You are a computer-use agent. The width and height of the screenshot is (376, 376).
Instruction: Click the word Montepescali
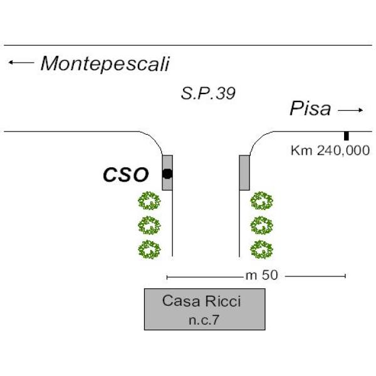pos(105,63)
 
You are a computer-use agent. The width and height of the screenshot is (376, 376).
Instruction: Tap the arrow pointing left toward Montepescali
pos(21,62)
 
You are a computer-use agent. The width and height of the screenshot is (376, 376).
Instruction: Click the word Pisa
pos(310,109)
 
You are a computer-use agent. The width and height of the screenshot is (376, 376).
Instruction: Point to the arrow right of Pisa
pos(350,110)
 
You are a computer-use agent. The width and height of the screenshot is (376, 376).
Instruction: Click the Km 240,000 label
pos(330,150)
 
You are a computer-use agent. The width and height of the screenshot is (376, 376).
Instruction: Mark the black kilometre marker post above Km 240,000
pos(346,135)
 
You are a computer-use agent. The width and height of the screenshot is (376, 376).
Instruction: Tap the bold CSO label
pos(125,175)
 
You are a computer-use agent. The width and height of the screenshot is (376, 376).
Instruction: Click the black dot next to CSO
pos(167,174)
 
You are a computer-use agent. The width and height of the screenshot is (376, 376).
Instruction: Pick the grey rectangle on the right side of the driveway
pos(244,172)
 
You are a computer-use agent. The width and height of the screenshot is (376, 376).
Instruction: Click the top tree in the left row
pos(149,201)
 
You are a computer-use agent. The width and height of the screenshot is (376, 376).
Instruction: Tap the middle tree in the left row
pos(149,224)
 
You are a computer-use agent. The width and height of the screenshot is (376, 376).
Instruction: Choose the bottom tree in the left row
pos(149,249)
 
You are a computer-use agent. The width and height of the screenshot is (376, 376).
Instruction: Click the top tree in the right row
pos(261,201)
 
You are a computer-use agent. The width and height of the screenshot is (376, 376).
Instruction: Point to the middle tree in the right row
pos(261,224)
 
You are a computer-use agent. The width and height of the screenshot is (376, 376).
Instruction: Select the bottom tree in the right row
pos(261,249)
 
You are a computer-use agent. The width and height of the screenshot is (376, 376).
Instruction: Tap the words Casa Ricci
pos(201,301)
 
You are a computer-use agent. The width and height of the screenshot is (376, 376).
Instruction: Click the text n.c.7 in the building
pos(204,320)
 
